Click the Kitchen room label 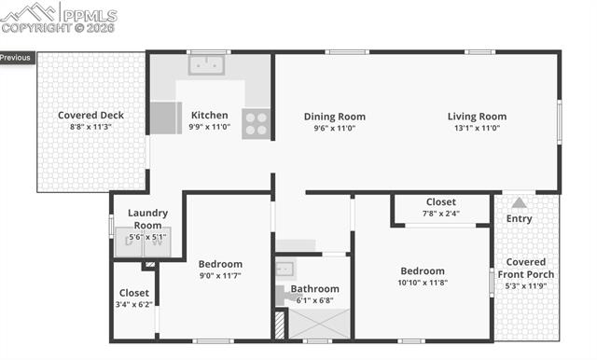[x=209, y=116]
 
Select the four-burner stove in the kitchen [x=256, y=124]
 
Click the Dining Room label [x=334, y=117]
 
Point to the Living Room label [x=477, y=117]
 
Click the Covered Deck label [x=90, y=116]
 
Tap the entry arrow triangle [x=519, y=201]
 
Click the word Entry [x=519, y=219]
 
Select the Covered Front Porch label [x=526, y=268]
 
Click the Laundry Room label [x=147, y=219]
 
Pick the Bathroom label [x=315, y=289]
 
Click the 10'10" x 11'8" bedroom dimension [x=423, y=283]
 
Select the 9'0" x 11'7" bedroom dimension [x=220, y=276]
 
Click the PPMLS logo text [x=88, y=16]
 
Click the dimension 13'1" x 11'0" [x=477, y=128]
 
